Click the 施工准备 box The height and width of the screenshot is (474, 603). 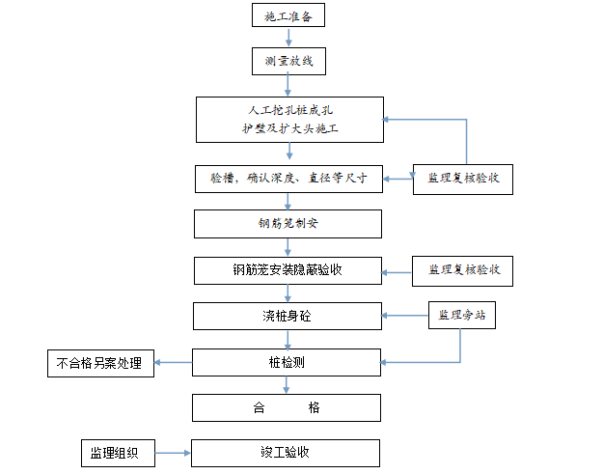(288, 16)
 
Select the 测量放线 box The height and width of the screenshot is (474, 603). (288, 62)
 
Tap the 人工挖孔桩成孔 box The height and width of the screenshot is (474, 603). (287, 119)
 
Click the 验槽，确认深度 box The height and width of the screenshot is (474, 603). (287, 179)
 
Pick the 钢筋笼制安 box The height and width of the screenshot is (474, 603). (287, 224)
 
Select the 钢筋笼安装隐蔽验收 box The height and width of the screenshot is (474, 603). (287, 270)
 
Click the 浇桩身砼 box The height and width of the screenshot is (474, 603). (287, 316)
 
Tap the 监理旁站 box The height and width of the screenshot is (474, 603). (462, 315)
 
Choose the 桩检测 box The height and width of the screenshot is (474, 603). (287, 363)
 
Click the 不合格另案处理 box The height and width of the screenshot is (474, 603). (99, 363)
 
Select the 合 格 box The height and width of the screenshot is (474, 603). (287, 407)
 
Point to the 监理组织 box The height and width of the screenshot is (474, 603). (116, 453)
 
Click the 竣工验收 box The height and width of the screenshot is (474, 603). (287, 453)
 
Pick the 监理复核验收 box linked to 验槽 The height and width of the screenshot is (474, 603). (463, 179)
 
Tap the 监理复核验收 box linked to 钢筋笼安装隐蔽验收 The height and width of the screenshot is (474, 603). (463, 270)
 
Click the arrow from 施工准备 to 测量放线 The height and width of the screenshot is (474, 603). (288, 39)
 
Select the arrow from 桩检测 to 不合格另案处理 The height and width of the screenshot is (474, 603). (174, 363)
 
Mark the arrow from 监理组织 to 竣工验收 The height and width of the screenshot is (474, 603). (173, 453)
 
